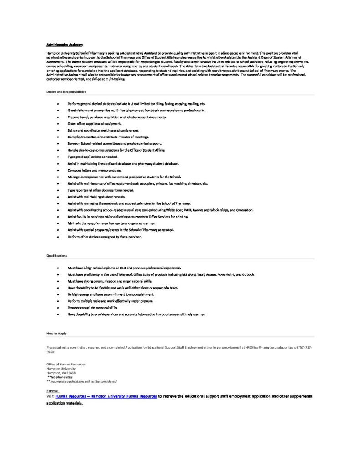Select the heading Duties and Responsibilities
click(x=66, y=92)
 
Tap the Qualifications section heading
click(x=56, y=256)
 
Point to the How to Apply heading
click(x=56, y=334)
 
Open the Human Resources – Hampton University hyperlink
click(x=106, y=396)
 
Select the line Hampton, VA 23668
click(x=58, y=373)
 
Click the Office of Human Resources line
click(x=66, y=364)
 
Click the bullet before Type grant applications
click(x=58, y=157)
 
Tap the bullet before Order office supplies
click(x=58, y=124)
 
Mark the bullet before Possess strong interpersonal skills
click(x=58, y=308)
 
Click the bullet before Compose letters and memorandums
click(x=58, y=170)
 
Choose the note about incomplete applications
click(x=81, y=381)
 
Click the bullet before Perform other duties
click(x=58, y=237)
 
